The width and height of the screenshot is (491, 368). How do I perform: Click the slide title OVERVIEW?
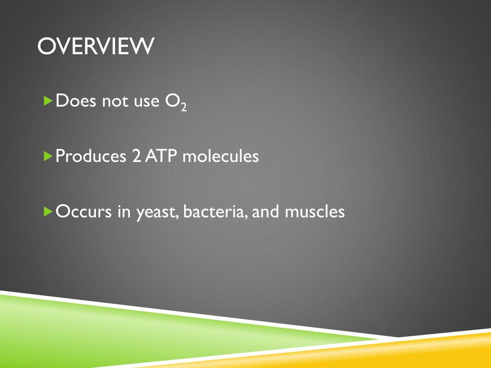point(96,46)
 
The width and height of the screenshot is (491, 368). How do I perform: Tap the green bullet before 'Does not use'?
point(48,101)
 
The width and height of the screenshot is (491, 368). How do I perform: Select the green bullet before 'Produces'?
point(48,156)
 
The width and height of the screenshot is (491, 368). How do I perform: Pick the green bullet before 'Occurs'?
point(48,211)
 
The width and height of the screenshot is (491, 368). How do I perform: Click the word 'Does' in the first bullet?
point(76,101)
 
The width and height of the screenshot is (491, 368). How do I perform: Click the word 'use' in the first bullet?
point(147,103)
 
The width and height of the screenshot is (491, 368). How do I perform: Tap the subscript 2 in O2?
point(184,107)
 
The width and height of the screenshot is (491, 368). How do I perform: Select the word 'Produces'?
point(91,156)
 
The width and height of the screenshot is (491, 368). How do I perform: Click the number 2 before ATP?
point(137,156)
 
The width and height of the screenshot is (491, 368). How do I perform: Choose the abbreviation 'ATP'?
point(160,156)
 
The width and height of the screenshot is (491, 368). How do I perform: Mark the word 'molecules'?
point(221,156)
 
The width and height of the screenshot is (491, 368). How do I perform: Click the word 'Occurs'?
point(83,211)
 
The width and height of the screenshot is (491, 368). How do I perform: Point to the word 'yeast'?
point(157,213)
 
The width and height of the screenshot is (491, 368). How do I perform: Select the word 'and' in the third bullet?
point(265,211)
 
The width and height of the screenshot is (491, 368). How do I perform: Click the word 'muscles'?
point(315,211)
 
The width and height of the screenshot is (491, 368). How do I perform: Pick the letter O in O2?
point(173,101)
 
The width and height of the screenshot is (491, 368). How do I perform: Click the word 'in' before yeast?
point(124,211)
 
